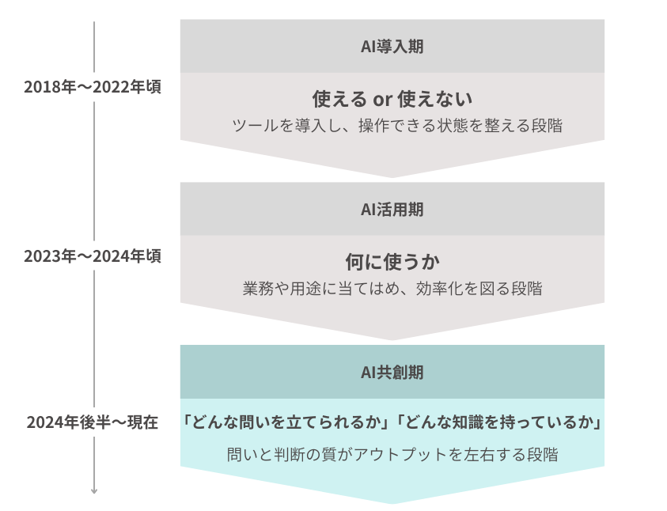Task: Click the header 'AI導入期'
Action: pyautogui.click(x=392, y=46)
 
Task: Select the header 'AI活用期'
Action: pyautogui.click(x=392, y=210)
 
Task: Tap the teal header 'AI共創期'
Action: pyautogui.click(x=392, y=371)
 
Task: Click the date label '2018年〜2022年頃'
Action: pyautogui.click(x=93, y=87)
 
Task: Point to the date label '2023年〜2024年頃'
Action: pyautogui.click(x=93, y=256)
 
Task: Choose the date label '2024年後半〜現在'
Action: pyautogui.click(x=93, y=422)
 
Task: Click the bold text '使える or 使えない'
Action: pyautogui.click(x=392, y=100)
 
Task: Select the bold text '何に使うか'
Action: pyautogui.click(x=392, y=262)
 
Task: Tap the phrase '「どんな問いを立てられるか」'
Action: pyautogui.click(x=287, y=423)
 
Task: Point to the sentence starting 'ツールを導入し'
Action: pyautogui.click(x=392, y=125)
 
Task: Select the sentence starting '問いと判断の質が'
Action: pyautogui.click(x=392, y=455)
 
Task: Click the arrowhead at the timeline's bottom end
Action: pyautogui.click(x=94, y=490)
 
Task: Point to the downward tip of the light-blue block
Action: pyautogui.click(x=392, y=502)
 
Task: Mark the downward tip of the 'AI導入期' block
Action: pyautogui.click(x=392, y=175)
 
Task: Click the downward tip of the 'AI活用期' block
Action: pyautogui.click(x=392, y=338)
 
